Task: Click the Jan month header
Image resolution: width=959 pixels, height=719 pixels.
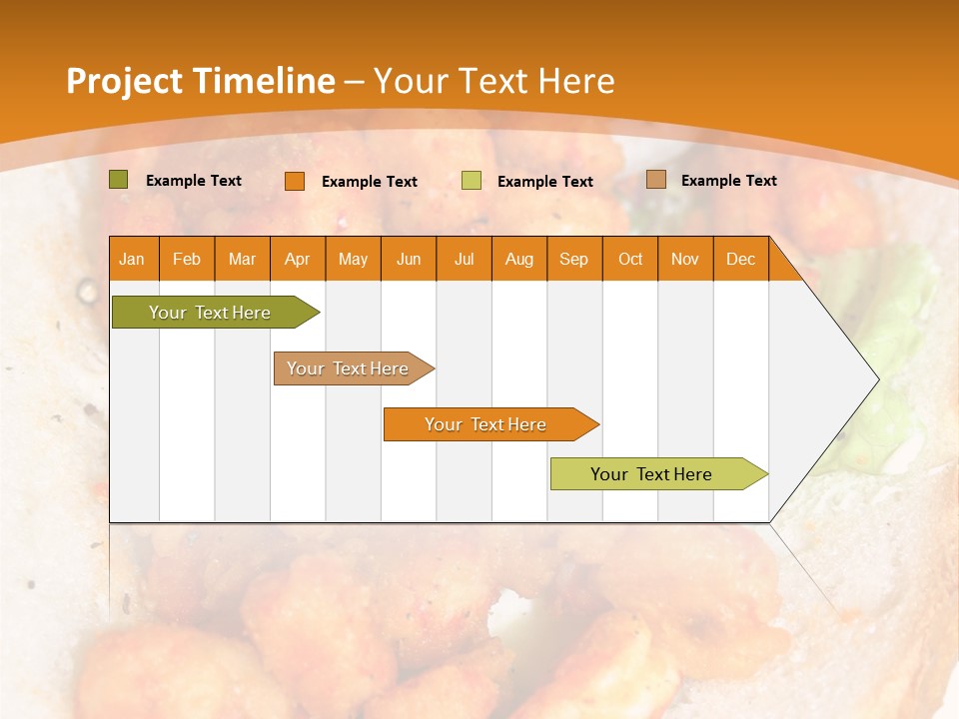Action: click(x=132, y=259)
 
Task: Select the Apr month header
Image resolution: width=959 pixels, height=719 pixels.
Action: click(x=297, y=259)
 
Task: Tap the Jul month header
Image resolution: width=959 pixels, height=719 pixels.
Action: click(x=464, y=259)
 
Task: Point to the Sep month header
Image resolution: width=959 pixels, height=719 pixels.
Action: click(x=573, y=259)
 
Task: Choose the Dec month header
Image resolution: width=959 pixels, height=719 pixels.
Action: click(x=740, y=259)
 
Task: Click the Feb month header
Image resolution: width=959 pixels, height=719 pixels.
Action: click(x=187, y=259)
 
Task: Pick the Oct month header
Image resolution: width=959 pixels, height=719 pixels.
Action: click(x=629, y=259)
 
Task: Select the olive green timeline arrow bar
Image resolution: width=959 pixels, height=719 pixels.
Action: click(x=211, y=313)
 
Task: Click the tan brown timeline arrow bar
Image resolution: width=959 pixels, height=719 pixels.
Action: click(x=349, y=368)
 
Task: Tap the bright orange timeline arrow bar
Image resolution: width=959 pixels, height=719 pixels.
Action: click(x=486, y=424)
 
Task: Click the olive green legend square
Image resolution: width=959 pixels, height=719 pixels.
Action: click(x=118, y=180)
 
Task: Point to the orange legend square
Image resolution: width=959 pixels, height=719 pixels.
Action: click(x=294, y=181)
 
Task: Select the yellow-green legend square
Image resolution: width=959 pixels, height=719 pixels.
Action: click(x=472, y=181)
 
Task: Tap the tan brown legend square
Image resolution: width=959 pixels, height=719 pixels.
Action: click(x=656, y=180)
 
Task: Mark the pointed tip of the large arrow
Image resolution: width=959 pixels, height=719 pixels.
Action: click(x=877, y=378)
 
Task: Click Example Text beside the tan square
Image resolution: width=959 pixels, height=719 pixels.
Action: click(x=728, y=181)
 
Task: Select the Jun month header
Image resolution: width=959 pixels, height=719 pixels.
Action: click(x=409, y=259)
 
